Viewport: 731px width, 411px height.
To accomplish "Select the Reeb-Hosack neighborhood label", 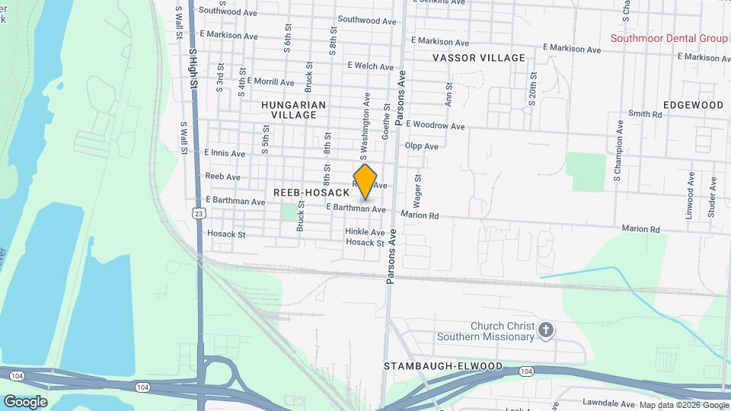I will pos(311,193).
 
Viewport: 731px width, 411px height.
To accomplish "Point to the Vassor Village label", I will pos(479,58).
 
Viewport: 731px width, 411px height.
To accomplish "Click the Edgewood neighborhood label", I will pos(693,104).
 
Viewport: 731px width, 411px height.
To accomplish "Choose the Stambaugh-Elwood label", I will pos(443,366).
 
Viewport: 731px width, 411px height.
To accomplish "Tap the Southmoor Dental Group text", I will pos(669,38).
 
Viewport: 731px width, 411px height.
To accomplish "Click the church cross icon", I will pos(545,330).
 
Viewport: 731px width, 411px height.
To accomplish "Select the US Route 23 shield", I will pos(199,212).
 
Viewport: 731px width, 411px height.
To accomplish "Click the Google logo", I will pos(25,401).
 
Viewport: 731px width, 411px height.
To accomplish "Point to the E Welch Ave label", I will pos(369,66).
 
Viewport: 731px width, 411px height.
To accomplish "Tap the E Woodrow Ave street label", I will pos(436,125).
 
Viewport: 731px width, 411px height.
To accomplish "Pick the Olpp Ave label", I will pos(422,146).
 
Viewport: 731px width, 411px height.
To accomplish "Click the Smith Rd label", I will pos(645,114).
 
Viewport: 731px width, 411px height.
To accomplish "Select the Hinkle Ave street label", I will pos(365,231).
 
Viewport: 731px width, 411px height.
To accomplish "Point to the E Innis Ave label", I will pos(225,153).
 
